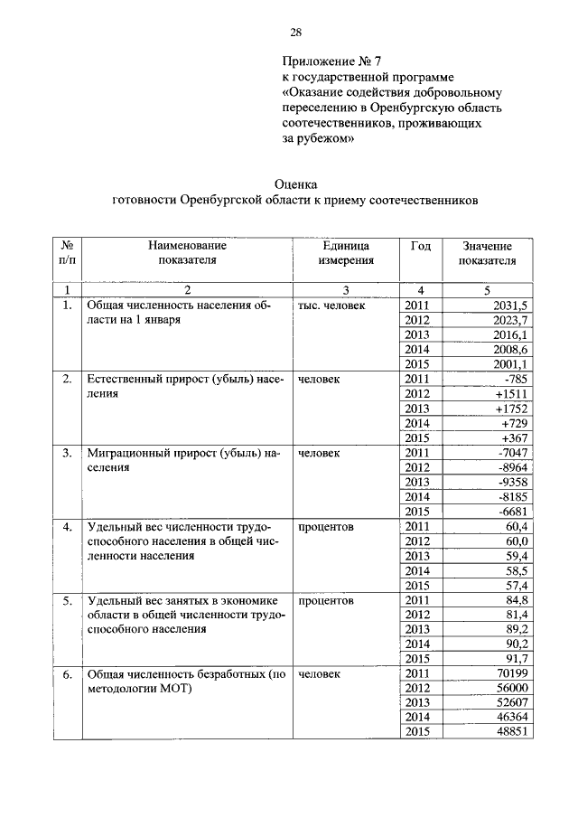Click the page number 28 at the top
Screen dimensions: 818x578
[x=295, y=33]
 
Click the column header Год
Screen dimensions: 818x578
[x=420, y=246]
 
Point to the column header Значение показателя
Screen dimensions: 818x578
[x=487, y=253]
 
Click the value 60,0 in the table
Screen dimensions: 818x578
[x=516, y=541]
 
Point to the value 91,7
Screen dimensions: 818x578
[x=516, y=659]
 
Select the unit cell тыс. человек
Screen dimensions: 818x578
[x=331, y=306]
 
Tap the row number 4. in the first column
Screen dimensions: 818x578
[x=67, y=526]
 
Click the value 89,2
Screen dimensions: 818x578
[x=516, y=629]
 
